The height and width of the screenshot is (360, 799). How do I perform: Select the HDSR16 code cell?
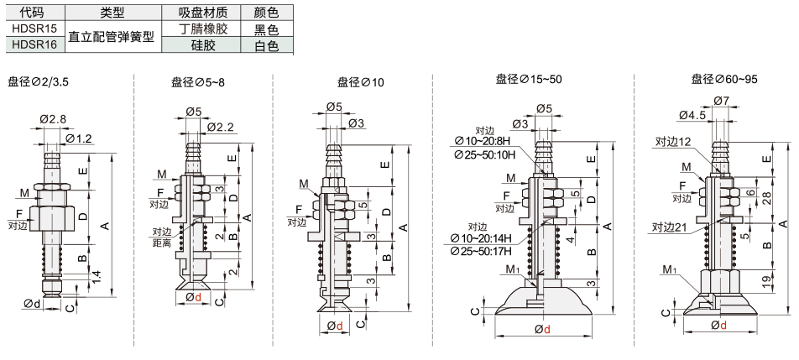point(34,45)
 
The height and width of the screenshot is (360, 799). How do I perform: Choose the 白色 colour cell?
point(267,45)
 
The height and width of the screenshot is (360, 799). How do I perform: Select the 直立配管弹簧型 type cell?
point(111,37)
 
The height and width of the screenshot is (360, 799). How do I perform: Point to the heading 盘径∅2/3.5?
point(39,81)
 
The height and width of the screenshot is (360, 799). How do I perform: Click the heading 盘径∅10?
point(361,81)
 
